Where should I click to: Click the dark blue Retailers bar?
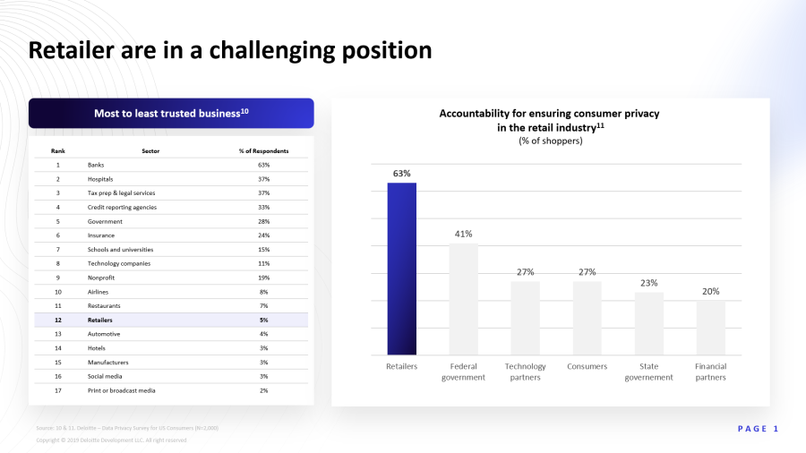pyautogui.click(x=401, y=269)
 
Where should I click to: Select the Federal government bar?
pyautogui.click(x=463, y=299)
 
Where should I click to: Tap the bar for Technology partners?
pyautogui.click(x=525, y=318)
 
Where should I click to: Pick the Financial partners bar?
pyautogui.click(x=711, y=328)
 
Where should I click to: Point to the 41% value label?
pyautogui.click(x=463, y=234)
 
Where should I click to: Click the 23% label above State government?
pyautogui.click(x=649, y=283)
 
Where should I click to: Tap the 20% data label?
pyautogui.click(x=711, y=291)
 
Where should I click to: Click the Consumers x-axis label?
pyautogui.click(x=587, y=366)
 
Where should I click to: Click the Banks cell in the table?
pyautogui.click(x=96, y=165)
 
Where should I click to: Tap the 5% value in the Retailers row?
pyautogui.click(x=263, y=320)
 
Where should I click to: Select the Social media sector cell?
pyautogui.click(x=105, y=376)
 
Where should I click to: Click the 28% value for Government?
pyautogui.click(x=263, y=221)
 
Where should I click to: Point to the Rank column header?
pyautogui.click(x=58, y=150)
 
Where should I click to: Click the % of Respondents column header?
pyautogui.click(x=263, y=150)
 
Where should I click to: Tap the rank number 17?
pyautogui.click(x=58, y=390)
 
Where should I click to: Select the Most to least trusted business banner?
pyautogui.click(x=171, y=114)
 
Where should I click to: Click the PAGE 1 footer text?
pyautogui.click(x=758, y=429)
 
